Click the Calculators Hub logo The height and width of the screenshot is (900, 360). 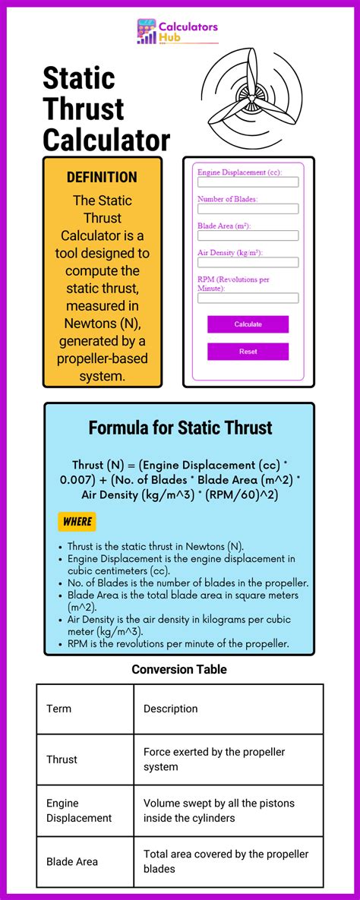177,32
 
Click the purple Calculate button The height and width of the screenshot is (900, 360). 248,324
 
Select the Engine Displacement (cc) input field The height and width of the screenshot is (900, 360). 248,182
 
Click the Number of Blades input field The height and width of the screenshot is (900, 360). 248,209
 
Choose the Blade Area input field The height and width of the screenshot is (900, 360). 248,235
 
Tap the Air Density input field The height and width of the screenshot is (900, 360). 248,262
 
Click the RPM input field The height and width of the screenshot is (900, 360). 248,298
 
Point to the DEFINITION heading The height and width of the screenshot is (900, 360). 102,177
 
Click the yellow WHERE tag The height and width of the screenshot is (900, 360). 77,522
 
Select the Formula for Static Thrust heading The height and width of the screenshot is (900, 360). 180,428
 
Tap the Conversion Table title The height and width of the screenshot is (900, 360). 179,669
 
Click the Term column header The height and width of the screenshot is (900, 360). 59,709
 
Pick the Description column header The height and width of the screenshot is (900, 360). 170,709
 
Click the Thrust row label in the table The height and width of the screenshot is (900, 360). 62,759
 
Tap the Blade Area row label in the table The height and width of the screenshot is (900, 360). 71,861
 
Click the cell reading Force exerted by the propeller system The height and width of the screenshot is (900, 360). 214,759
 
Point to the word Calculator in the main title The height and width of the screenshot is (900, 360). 106,141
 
